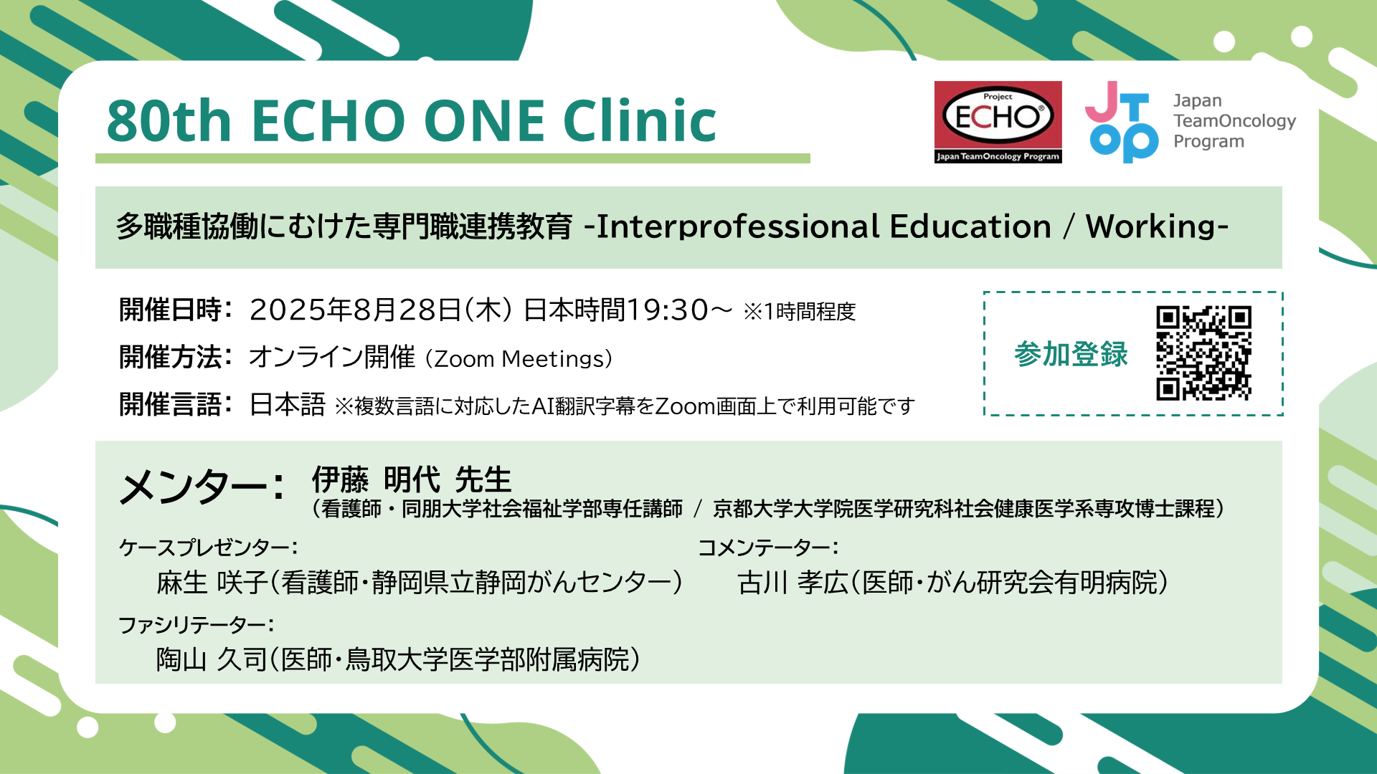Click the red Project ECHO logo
coord(998,122)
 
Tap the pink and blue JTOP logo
coord(1122,122)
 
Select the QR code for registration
coord(1203,353)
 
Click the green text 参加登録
coord(1071,354)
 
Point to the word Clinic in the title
coord(640,120)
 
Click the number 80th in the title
coord(169,120)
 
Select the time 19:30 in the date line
coord(668,310)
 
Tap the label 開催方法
coord(171,356)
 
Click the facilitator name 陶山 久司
coord(212,659)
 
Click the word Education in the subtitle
coord(970,226)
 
